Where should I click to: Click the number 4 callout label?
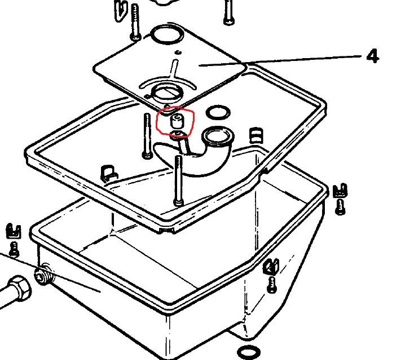click(373, 56)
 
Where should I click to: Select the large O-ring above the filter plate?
click(168, 34)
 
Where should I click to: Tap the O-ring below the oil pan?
click(249, 352)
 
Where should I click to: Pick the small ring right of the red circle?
click(218, 113)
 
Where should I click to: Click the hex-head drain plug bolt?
click(16, 289)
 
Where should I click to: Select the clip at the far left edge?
click(13, 231)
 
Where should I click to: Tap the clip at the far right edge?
click(340, 190)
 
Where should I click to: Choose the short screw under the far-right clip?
click(340, 207)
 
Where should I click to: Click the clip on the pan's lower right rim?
click(271, 266)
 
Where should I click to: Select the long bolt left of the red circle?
click(147, 136)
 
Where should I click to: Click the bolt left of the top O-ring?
click(135, 23)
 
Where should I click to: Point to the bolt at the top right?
click(228, 12)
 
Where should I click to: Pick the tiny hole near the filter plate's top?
click(179, 52)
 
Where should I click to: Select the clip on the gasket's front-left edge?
click(109, 173)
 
